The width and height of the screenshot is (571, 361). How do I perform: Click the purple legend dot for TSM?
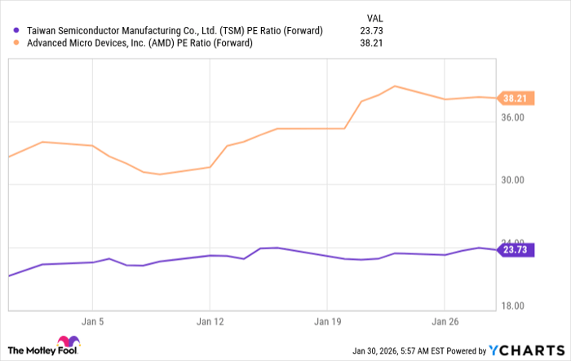click(18, 31)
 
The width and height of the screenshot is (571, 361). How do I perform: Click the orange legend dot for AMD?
click(18, 43)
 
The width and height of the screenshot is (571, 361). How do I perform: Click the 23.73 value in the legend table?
click(377, 31)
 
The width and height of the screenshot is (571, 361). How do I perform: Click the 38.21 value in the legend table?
click(377, 43)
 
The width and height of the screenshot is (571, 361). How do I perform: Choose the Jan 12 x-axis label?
click(210, 321)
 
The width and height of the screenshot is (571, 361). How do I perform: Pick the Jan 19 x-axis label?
click(327, 321)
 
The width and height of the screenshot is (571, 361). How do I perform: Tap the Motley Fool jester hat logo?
click(69, 344)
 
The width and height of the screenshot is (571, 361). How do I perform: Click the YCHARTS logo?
click(527, 350)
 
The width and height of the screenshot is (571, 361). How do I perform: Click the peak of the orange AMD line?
click(395, 86)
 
